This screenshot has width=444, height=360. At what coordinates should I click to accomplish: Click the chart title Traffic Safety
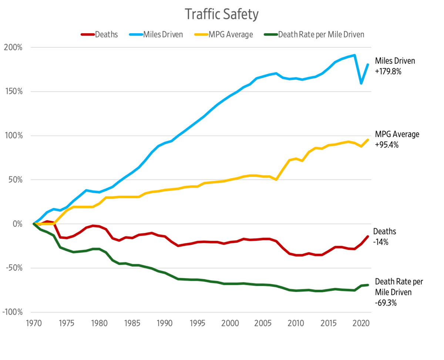(221, 15)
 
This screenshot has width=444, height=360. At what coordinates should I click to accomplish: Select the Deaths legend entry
(100, 35)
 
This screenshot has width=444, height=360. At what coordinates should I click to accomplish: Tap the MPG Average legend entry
(223, 35)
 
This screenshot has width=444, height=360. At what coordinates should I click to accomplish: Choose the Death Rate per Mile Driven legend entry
(314, 35)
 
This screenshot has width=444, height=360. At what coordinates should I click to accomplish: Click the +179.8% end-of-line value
(388, 71)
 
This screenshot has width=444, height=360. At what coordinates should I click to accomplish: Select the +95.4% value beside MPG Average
(387, 145)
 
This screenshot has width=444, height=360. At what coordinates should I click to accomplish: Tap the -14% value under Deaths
(381, 242)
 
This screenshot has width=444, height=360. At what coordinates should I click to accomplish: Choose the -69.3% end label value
(386, 303)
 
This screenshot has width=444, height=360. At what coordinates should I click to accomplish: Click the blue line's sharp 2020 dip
(361, 83)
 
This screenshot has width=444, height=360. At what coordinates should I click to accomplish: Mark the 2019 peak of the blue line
(354, 55)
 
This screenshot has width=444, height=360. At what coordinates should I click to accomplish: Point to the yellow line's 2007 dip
(276, 179)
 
